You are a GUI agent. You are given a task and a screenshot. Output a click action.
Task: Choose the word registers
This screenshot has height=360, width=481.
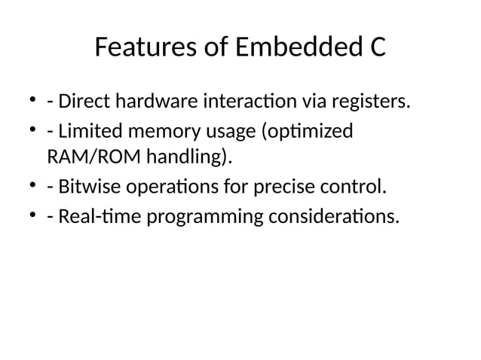(x=369, y=100)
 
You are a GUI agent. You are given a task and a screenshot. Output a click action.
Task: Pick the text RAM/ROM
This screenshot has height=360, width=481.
(x=85, y=157)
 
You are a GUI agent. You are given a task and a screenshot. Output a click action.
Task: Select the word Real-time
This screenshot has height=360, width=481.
(x=97, y=218)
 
